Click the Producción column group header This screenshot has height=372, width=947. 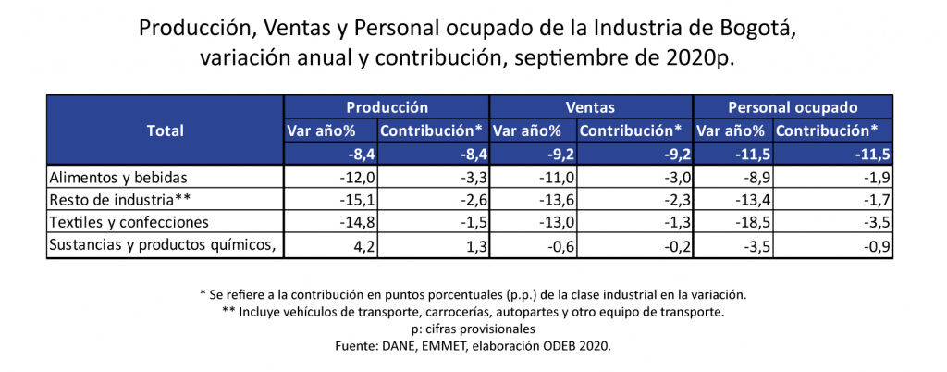coord(387,107)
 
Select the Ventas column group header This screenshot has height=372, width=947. coord(590,107)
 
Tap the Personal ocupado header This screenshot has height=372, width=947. coord(793,107)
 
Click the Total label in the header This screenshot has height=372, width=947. coord(166,130)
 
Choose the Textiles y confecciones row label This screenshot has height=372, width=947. coord(129,222)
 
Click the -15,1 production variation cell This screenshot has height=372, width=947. coord(354,199)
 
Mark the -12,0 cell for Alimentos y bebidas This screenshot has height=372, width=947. coord(354,177)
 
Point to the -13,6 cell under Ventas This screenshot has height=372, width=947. coord(558,199)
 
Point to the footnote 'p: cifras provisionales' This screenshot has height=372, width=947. coord(473,329)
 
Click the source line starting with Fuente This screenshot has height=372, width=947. coord(473,345)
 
